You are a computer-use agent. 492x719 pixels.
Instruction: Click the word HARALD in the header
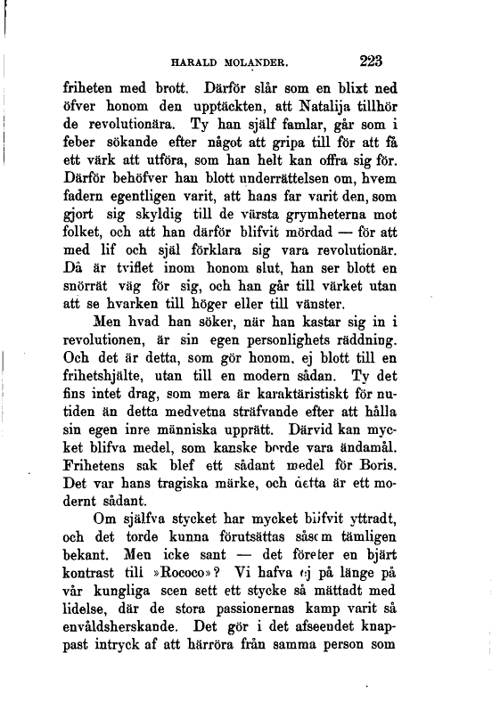pyautogui.click(x=200, y=64)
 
